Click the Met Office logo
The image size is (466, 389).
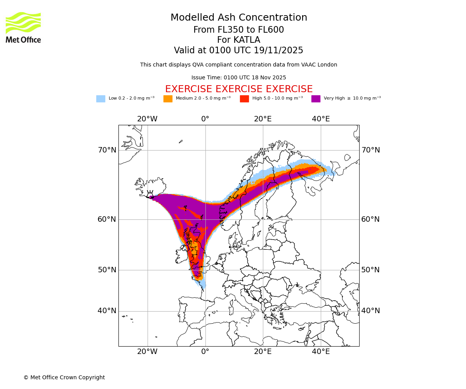(23, 27)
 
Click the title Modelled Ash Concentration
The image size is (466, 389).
(238, 18)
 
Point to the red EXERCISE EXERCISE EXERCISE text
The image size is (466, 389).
(238, 89)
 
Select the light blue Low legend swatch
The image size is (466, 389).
(101, 99)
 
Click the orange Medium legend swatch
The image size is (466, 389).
(168, 99)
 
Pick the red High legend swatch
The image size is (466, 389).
(244, 99)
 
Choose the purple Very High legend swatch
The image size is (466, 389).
(316, 99)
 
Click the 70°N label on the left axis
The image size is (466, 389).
(107, 150)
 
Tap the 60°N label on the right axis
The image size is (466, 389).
(370, 219)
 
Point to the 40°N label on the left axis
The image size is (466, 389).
(107, 311)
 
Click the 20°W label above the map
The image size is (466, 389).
(147, 119)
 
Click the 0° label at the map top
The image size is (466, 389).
(205, 119)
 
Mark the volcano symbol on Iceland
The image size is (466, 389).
(150, 194)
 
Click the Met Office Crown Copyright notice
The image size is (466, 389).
(64, 378)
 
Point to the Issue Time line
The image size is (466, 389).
(238, 78)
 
